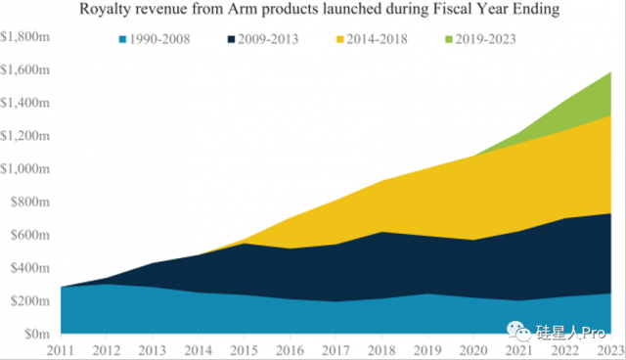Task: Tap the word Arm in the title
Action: (x=241, y=9)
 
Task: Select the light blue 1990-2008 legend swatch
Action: (x=123, y=39)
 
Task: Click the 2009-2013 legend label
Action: (x=268, y=39)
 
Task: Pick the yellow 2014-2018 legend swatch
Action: (x=340, y=39)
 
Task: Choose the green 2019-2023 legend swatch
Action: (x=449, y=39)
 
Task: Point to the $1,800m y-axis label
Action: (x=25, y=37)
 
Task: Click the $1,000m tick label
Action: (x=25, y=169)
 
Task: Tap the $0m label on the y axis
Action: (x=37, y=334)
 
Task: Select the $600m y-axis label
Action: (x=30, y=235)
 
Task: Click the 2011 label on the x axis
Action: (x=61, y=350)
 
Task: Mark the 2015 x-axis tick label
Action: (x=244, y=350)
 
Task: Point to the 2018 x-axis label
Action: (x=381, y=350)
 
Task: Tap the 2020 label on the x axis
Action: (x=473, y=350)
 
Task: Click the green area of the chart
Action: (x=591, y=105)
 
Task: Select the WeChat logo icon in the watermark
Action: (x=519, y=332)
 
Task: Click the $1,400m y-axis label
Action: (x=25, y=103)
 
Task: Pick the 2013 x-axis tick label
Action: (x=153, y=350)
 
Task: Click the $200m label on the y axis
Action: (x=30, y=301)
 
